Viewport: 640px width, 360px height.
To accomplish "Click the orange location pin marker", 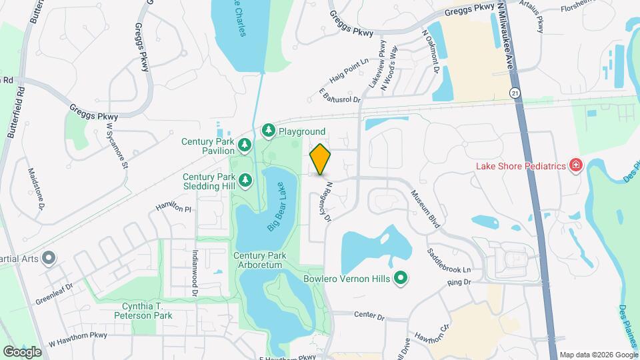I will (x=320, y=159).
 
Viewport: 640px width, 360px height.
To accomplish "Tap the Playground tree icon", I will (x=269, y=130).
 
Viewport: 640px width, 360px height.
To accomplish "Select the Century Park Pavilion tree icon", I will (x=245, y=144).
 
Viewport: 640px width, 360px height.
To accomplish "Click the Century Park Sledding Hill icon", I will (x=245, y=179).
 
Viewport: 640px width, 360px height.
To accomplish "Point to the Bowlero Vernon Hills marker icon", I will (x=401, y=278).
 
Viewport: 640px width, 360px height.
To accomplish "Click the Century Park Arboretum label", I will (x=259, y=260).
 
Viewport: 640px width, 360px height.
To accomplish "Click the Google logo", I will (x=23, y=351).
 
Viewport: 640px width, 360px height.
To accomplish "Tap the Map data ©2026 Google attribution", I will (x=597, y=354).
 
